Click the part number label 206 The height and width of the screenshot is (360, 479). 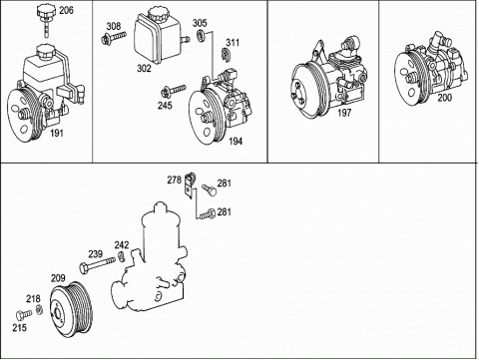click(x=66, y=10)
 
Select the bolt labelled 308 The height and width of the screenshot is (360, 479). click(x=114, y=37)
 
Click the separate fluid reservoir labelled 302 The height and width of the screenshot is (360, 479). click(x=159, y=36)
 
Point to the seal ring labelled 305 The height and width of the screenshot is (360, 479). click(x=202, y=35)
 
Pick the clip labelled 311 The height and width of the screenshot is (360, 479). click(x=227, y=55)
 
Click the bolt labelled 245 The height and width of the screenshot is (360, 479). click(x=173, y=91)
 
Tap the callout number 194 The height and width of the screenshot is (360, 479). click(x=236, y=142)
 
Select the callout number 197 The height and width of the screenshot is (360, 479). click(x=344, y=113)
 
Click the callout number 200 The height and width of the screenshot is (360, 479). click(x=445, y=98)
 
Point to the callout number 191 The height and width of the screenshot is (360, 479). click(x=57, y=134)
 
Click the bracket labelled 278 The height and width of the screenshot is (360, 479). click(x=190, y=185)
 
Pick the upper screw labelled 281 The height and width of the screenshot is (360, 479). click(x=210, y=189)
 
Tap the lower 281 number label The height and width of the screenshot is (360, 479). click(x=225, y=211)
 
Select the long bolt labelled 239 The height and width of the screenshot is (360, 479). click(x=97, y=264)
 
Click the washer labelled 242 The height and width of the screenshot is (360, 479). click(x=122, y=257)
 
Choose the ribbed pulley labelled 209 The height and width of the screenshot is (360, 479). click(x=72, y=307)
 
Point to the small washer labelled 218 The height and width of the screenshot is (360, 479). click(x=39, y=309)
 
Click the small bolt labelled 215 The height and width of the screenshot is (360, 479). click(x=24, y=314)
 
